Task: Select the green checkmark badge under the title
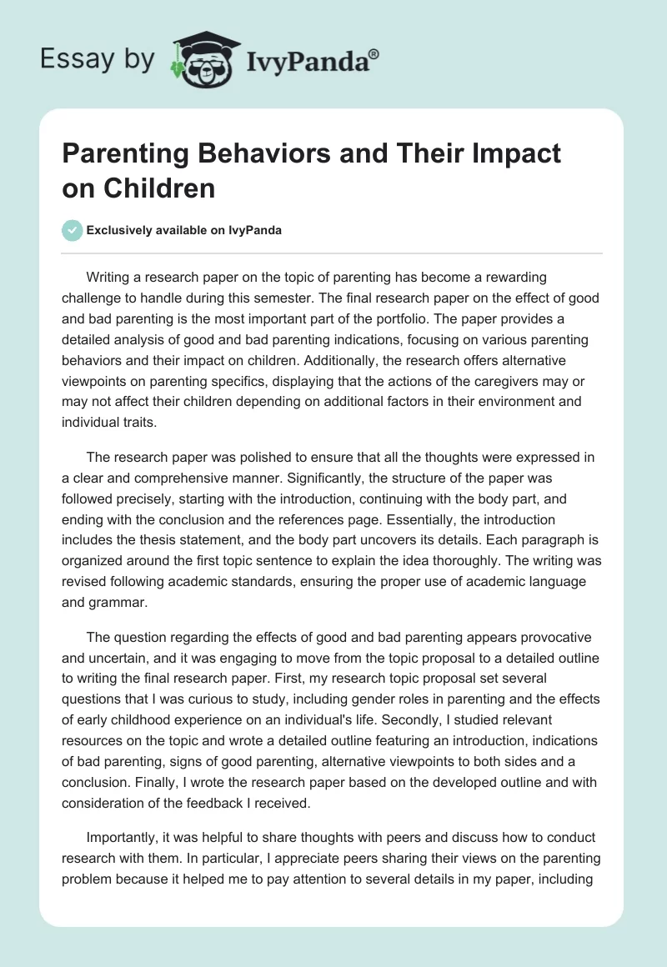[72, 230]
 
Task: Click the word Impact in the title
[515, 154]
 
